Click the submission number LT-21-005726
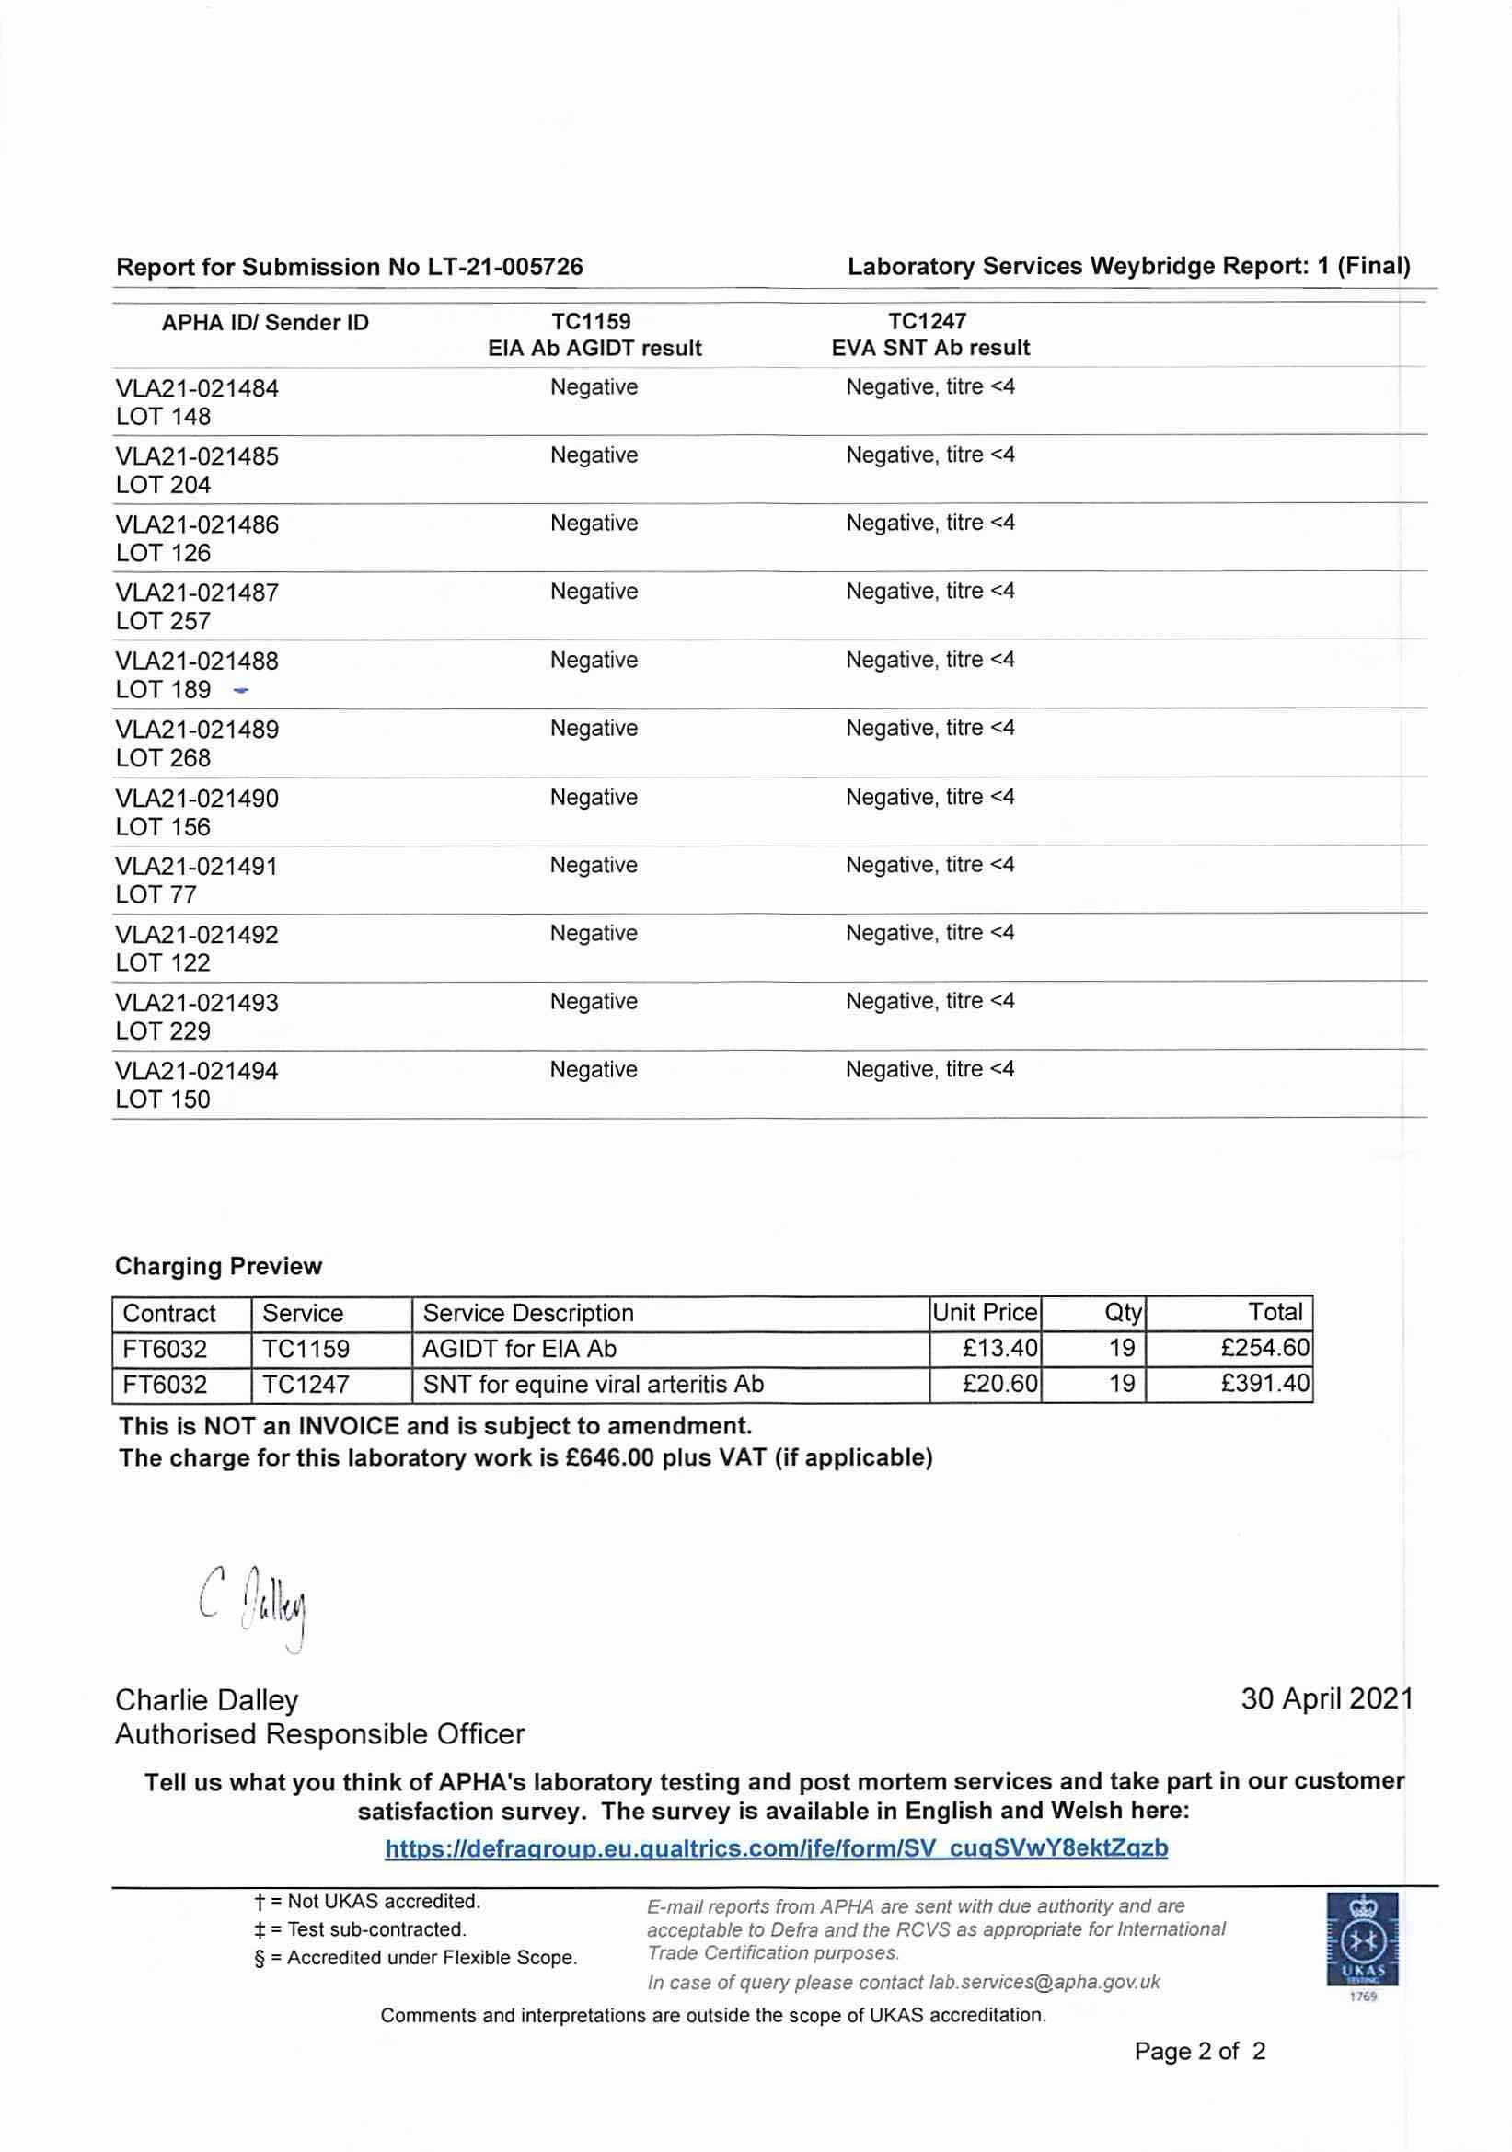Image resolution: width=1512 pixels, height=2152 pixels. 505,267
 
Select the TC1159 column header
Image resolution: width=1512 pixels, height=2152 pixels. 591,321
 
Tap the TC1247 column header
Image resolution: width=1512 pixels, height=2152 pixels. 927,321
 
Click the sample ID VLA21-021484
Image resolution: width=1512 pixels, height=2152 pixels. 197,388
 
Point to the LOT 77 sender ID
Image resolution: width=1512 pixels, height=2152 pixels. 156,894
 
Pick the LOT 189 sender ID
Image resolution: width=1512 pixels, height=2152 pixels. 163,690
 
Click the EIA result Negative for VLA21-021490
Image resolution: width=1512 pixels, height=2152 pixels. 594,797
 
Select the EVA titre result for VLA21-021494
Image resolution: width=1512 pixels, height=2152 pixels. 929,1069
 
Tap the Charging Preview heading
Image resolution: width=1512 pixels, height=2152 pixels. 218,1266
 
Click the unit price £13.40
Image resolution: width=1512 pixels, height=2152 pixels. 999,1348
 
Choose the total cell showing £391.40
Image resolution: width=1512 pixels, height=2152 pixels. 1264,1384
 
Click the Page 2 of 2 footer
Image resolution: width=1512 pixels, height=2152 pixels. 1199,2051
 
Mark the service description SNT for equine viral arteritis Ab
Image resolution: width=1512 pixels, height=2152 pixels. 594,1384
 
